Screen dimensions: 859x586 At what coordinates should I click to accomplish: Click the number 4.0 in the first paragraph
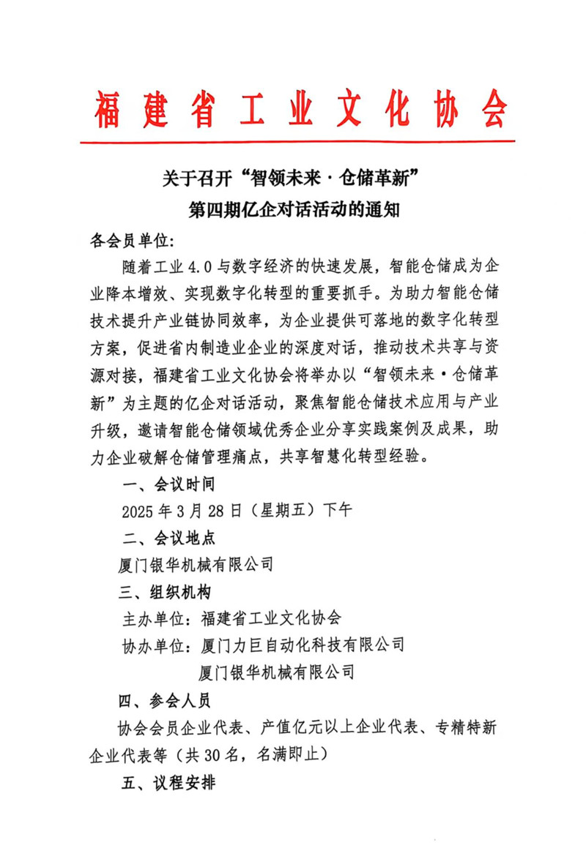point(202,264)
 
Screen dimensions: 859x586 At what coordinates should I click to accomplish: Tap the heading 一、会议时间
point(167,484)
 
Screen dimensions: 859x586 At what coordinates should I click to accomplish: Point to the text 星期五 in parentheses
point(280,510)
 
